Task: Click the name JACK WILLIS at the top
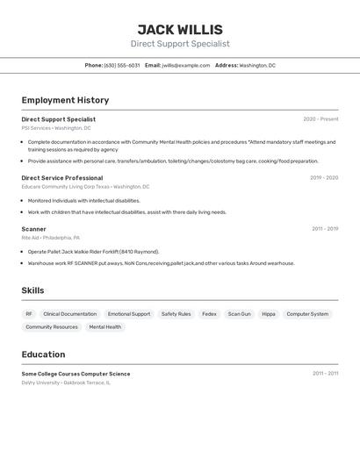pos(180,30)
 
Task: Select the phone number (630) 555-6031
pos(121,65)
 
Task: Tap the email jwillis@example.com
pos(186,65)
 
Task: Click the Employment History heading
pos(65,100)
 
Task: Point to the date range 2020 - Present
pos(320,119)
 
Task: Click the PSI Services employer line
pos(56,128)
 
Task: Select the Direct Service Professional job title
pos(62,178)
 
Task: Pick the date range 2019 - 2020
pos(324,178)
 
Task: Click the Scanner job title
pos(34,229)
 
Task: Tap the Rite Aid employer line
pos(51,238)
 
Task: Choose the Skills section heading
pos(32,290)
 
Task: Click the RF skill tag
pos(29,314)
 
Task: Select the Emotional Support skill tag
pos(129,314)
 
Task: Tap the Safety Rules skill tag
pos(176,314)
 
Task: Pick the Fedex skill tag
pos(209,314)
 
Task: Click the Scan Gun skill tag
pos(239,314)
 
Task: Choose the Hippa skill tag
pos(269,314)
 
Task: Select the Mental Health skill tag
pos(105,327)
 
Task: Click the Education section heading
pos(43,354)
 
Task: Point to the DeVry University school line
pos(66,383)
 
